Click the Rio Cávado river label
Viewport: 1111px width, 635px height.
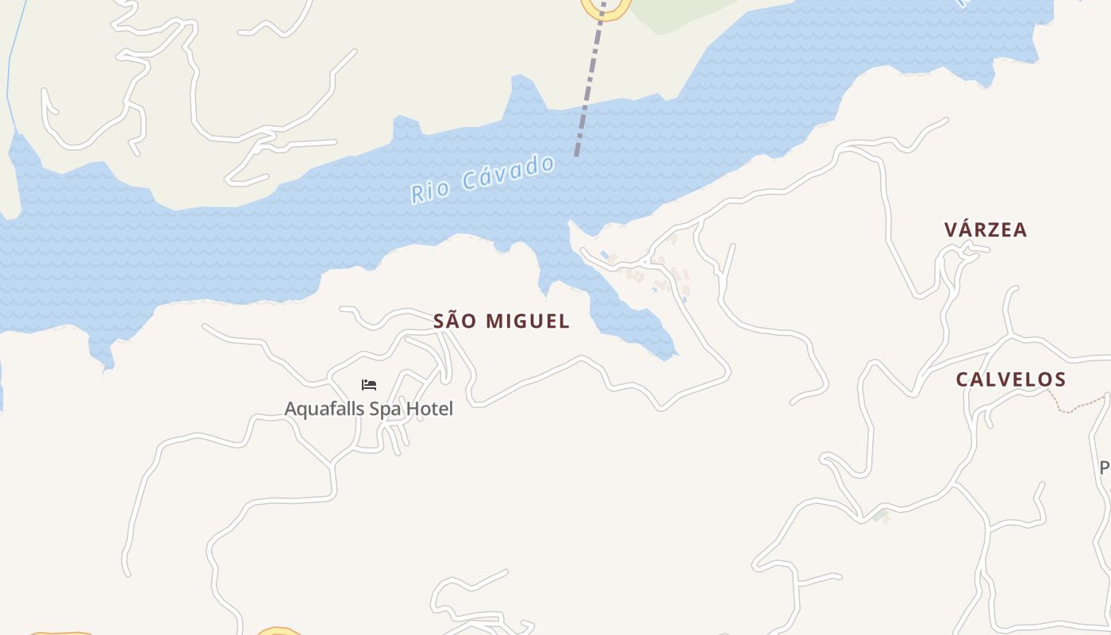pos(482,179)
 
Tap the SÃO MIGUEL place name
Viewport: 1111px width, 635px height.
pos(502,321)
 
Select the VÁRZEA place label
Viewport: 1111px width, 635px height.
pos(986,230)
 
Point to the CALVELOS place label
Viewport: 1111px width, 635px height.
pos(1010,379)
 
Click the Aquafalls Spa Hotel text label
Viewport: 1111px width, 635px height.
pos(369,409)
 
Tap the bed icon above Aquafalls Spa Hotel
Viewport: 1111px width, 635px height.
pos(369,385)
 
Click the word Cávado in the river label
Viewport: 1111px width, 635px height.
pos(508,174)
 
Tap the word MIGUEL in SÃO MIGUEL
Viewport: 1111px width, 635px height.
pos(528,321)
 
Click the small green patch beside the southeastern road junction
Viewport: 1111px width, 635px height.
pos(879,515)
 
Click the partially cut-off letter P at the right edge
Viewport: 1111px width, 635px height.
pos(1105,468)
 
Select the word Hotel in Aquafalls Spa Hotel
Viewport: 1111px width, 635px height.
pos(429,409)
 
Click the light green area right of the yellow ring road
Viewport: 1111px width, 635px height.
pos(682,12)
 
